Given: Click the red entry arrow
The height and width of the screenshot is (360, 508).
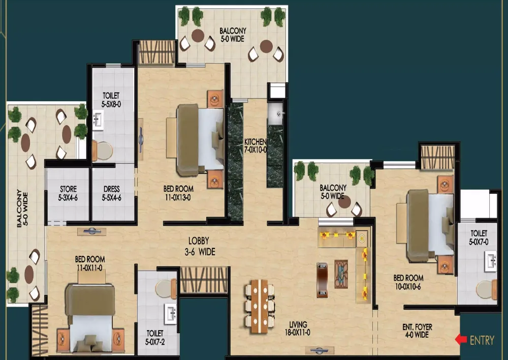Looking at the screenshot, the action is coord(461,340).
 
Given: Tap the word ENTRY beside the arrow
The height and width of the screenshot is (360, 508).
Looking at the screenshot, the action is coord(482,340).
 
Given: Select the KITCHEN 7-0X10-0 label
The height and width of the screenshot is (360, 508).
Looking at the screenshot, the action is coord(256,145).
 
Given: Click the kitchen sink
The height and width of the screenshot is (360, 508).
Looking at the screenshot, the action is coord(276,114).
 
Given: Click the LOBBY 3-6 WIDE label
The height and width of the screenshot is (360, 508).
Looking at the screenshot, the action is coord(200,246).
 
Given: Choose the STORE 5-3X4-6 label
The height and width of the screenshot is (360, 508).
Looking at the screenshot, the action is coord(68,193).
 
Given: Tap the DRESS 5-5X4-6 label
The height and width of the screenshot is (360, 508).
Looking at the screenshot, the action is coord(111,193).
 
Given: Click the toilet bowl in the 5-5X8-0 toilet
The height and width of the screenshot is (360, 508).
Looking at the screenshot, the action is coord(103,150).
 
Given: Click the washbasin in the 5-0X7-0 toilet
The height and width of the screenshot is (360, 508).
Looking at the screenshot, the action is coord(491,260).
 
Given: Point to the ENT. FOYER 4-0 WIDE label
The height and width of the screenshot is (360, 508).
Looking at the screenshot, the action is coord(417,331).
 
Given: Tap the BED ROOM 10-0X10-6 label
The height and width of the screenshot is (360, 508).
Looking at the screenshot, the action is coord(408,282).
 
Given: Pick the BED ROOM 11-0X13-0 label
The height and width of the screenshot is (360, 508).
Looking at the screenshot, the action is coord(178,193).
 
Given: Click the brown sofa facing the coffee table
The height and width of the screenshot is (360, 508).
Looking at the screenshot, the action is coord(322,280).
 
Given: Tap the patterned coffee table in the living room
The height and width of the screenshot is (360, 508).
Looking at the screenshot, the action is coord(341,274).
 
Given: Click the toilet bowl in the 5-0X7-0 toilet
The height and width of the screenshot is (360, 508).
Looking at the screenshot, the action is coord(487,290).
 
